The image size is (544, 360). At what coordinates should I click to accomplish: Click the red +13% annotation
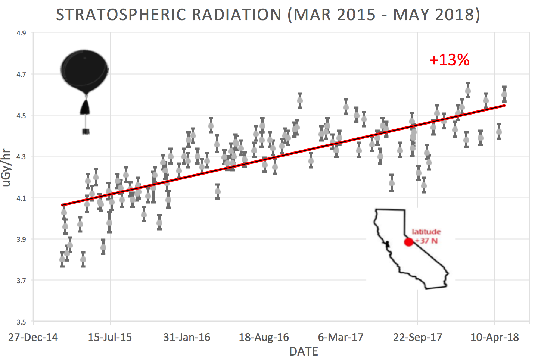pyautogui.click(x=450, y=60)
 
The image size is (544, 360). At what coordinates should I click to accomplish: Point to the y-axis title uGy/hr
pyautogui.click(x=6, y=168)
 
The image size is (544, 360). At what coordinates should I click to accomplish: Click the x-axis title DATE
pyautogui.click(x=304, y=351)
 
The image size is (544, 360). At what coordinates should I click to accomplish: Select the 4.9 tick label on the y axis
pyautogui.click(x=21, y=33)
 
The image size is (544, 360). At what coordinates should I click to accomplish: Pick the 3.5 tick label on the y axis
pyautogui.click(x=21, y=322)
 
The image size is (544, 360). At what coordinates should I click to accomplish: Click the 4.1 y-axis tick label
pyautogui.click(x=21, y=198)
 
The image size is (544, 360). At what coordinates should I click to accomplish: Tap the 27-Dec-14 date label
pyautogui.click(x=33, y=338)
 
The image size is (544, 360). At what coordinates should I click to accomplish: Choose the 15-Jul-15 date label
pyautogui.click(x=110, y=338)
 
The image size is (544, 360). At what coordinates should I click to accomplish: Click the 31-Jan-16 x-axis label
pyautogui.click(x=187, y=338)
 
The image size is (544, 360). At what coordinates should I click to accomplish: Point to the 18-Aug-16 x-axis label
pyautogui.click(x=264, y=338)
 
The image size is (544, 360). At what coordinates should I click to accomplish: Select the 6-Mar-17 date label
pyautogui.click(x=341, y=338)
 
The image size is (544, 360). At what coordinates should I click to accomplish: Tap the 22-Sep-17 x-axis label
pyautogui.click(x=417, y=338)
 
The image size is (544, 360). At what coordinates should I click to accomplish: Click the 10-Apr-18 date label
pyautogui.click(x=494, y=338)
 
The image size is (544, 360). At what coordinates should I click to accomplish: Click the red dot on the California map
pyautogui.click(x=409, y=242)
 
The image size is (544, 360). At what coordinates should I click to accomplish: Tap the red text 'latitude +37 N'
pyautogui.click(x=426, y=237)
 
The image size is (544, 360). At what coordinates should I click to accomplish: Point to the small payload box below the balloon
pyautogui.click(x=86, y=131)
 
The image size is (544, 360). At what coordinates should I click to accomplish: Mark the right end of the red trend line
pyautogui.click(x=504, y=106)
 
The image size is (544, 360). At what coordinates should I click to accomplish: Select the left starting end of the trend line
pyautogui.click(x=62, y=205)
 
